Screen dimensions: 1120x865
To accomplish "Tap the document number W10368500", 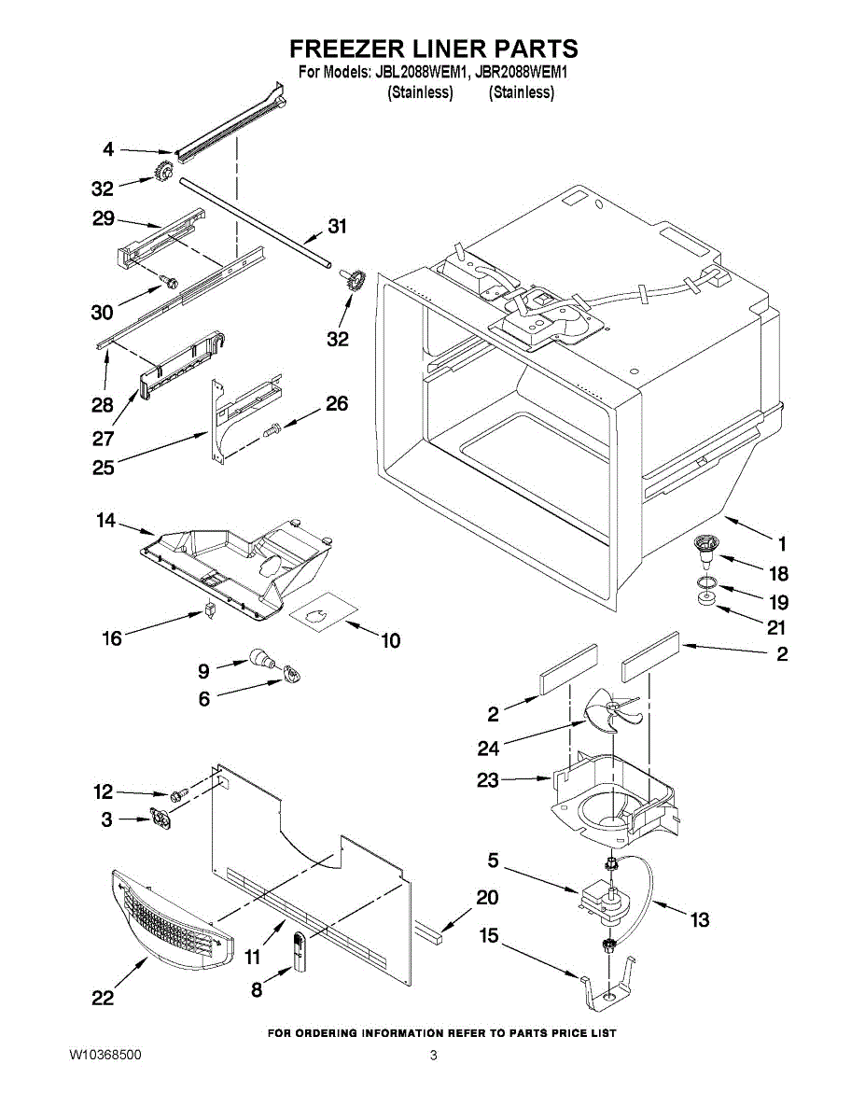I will (x=105, y=1056).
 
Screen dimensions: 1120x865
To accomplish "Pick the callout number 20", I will (x=486, y=898).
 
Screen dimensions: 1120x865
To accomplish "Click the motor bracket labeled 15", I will (x=607, y=989).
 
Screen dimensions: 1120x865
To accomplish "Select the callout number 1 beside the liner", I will (x=783, y=543).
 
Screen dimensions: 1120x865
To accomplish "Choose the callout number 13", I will (x=699, y=920).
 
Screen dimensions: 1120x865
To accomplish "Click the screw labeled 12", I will (x=179, y=792).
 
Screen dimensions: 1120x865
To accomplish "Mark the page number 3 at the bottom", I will (x=433, y=1056).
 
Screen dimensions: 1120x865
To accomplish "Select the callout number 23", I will (x=488, y=780).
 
